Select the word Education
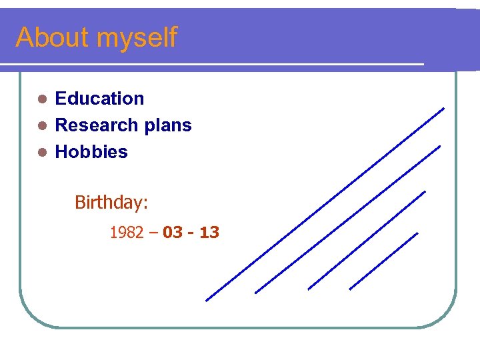click(x=99, y=99)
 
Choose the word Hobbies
click(x=91, y=152)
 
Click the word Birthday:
click(x=111, y=202)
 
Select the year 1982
click(x=126, y=233)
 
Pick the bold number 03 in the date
click(x=172, y=233)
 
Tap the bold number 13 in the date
click(x=209, y=233)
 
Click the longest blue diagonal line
click(x=325, y=204)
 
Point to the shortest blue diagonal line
click(x=383, y=261)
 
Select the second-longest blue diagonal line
click(x=347, y=219)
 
